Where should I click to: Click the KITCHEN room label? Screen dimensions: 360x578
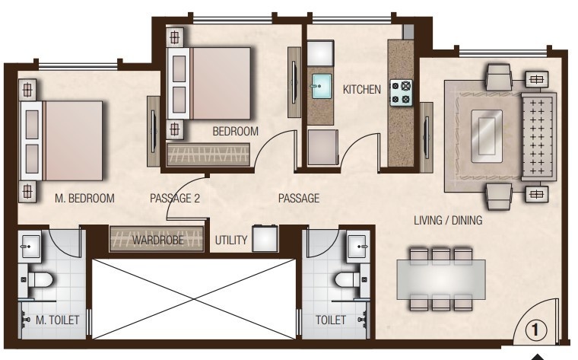click(361, 90)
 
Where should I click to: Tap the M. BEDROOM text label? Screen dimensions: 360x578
click(84, 199)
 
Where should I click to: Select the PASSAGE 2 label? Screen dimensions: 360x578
click(174, 199)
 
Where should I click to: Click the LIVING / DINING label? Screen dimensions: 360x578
click(448, 221)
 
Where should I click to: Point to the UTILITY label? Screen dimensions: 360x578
click(231, 241)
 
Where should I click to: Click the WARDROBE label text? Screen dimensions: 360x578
click(156, 241)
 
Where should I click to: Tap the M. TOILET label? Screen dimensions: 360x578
click(57, 320)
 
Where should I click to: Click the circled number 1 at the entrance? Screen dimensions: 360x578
click(537, 330)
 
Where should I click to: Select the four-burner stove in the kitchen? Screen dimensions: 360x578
click(401, 92)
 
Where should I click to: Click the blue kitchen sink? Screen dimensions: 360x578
click(319, 86)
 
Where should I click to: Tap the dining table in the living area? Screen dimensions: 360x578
click(441, 278)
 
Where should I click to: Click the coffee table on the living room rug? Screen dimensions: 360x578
click(486, 133)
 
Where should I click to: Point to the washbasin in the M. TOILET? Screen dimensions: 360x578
click(31, 247)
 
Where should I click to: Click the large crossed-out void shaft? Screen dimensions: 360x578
click(192, 298)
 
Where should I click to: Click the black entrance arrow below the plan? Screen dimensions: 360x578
click(538, 356)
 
